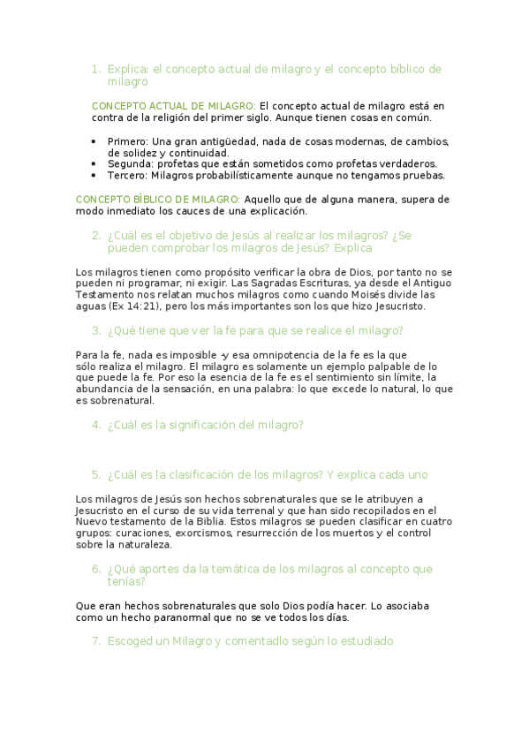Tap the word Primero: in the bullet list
click(127, 141)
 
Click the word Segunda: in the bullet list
click(129, 163)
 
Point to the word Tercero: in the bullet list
click(127, 175)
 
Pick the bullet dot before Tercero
click(94, 175)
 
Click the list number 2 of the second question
click(95, 235)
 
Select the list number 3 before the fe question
click(95, 330)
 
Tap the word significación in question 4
click(194, 425)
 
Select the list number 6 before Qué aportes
click(95, 569)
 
